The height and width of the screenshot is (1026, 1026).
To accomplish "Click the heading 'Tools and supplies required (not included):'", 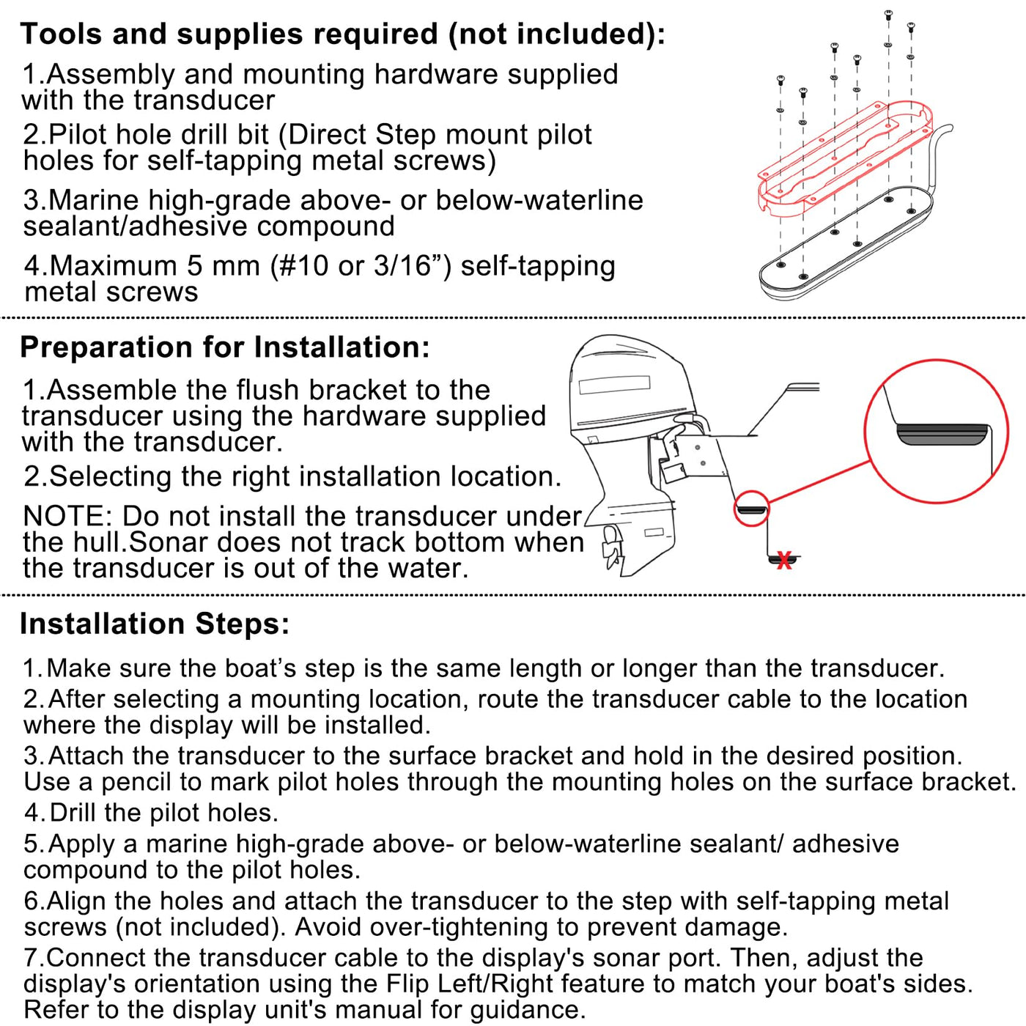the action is (342, 34).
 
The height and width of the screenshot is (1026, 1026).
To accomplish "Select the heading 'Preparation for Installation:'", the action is (224, 347).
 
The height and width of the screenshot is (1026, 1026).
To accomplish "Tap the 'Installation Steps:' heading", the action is (155, 624).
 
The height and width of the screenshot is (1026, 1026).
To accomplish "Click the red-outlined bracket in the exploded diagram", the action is (846, 160).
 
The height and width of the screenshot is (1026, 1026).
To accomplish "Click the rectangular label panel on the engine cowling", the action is (614, 385).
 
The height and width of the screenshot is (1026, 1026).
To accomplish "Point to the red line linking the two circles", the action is (819, 481).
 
